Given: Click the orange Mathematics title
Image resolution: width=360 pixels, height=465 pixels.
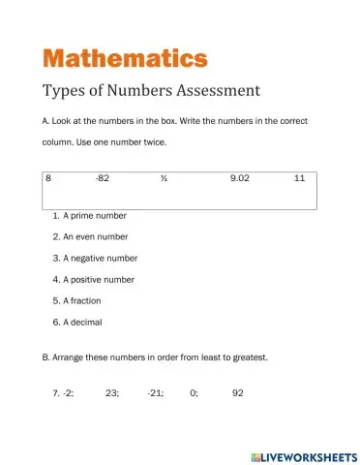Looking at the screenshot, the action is pyautogui.click(x=125, y=57).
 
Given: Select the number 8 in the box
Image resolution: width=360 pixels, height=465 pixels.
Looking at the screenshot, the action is pyautogui.click(x=48, y=179).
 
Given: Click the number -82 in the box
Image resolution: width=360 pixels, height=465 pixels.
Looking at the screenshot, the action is pyautogui.click(x=103, y=179).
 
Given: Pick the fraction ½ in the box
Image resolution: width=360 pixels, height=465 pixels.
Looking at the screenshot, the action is pyautogui.click(x=165, y=179).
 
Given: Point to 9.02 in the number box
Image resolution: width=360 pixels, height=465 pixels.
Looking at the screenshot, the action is pyautogui.click(x=241, y=179).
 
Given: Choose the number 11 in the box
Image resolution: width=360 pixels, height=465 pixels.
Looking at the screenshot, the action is pyautogui.click(x=299, y=179).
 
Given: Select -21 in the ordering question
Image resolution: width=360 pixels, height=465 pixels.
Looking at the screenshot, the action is pyautogui.click(x=156, y=393).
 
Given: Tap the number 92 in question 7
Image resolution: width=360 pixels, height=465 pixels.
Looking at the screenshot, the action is pyautogui.click(x=239, y=393).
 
